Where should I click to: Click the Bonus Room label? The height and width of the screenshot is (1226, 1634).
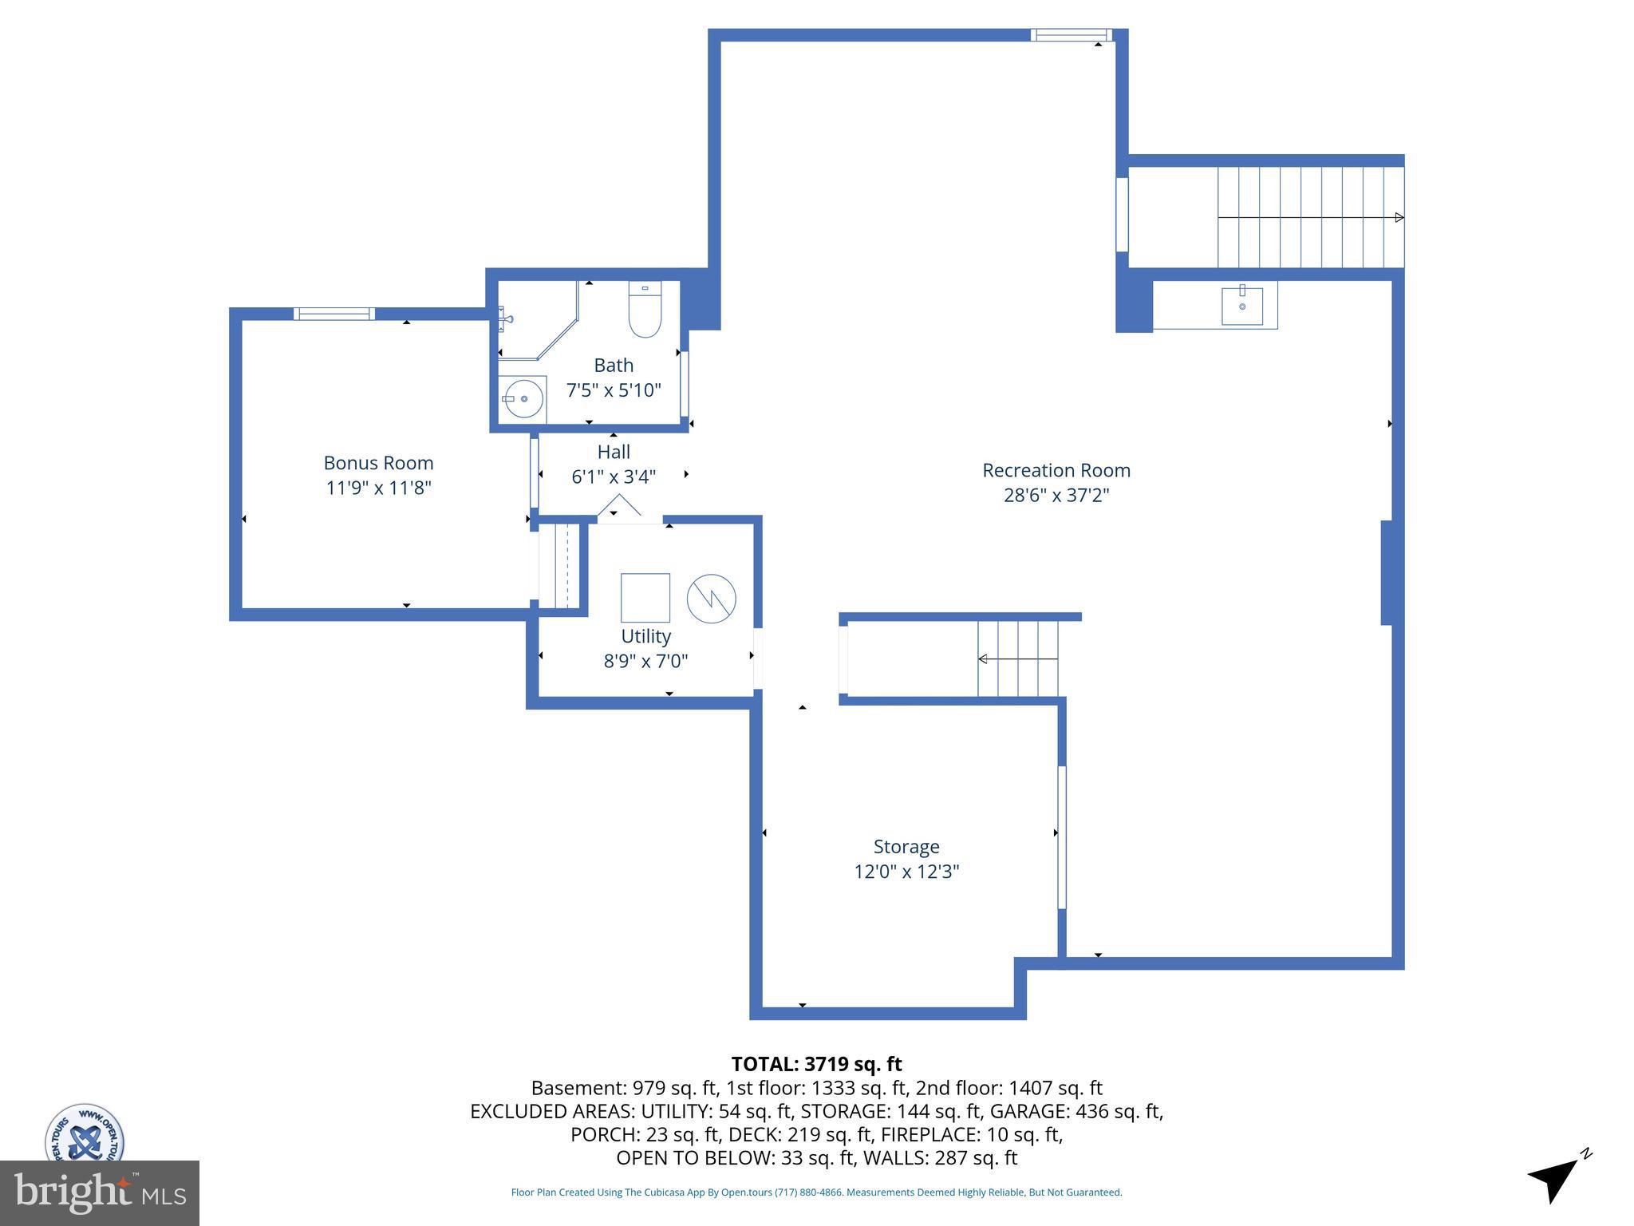(378, 463)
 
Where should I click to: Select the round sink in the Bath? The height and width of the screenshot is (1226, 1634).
(523, 397)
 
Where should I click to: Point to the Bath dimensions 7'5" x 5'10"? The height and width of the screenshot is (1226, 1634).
(614, 390)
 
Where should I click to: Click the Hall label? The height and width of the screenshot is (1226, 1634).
(614, 452)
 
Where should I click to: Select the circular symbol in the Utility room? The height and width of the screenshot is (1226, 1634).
(711, 599)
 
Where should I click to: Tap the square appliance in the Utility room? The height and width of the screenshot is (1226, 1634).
(645, 598)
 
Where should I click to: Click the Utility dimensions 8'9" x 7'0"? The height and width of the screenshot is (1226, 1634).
(645, 661)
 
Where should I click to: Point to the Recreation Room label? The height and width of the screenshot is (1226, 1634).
(1056, 470)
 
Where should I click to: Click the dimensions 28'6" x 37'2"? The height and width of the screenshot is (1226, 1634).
(1056, 496)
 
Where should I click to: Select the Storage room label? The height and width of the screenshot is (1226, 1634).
(906, 846)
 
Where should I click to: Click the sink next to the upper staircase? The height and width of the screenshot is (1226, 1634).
(1241, 306)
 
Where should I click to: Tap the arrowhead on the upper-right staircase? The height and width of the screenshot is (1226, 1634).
(1399, 217)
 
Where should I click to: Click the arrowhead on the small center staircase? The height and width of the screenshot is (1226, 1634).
(983, 658)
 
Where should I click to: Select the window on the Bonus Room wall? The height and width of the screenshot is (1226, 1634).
(334, 314)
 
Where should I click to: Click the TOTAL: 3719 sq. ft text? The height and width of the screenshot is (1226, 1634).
(816, 1064)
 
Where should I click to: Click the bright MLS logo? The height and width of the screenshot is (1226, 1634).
(99, 1192)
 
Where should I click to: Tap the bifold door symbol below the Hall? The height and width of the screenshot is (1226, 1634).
(620, 507)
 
